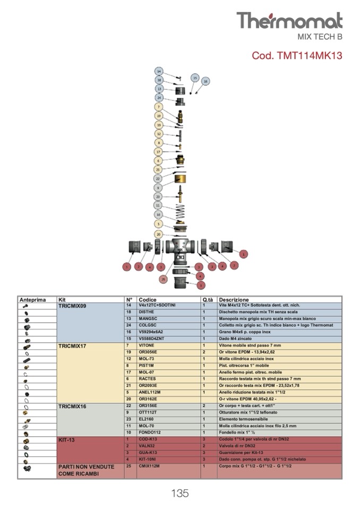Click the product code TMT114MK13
pyautogui.click(x=297, y=55)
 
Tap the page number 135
pyautogui.click(x=180, y=493)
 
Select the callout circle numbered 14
pyautogui.click(x=159, y=71)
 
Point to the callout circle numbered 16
pyautogui.click(x=205, y=81)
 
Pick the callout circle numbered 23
pyautogui.click(x=158, y=196)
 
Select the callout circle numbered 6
pyautogui.click(x=158, y=160)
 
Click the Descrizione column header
pyautogui.click(x=234, y=300)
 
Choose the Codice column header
pyautogui.click(x=147, y=300)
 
